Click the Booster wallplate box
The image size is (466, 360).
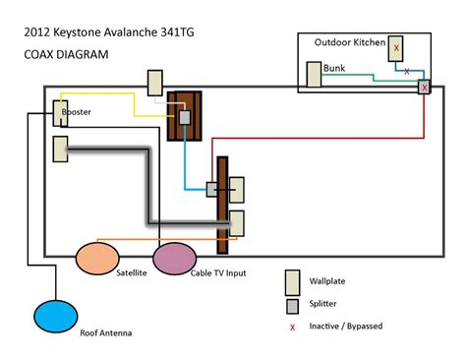pos(61,115)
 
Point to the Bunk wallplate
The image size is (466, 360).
pos(314,76)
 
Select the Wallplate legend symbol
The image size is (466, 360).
pos(293,283)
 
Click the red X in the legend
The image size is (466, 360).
pos(293,326)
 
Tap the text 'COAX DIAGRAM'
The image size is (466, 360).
pos(64,54)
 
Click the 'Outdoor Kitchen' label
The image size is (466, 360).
pos(348,42)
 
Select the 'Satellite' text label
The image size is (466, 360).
pos(132,272)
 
